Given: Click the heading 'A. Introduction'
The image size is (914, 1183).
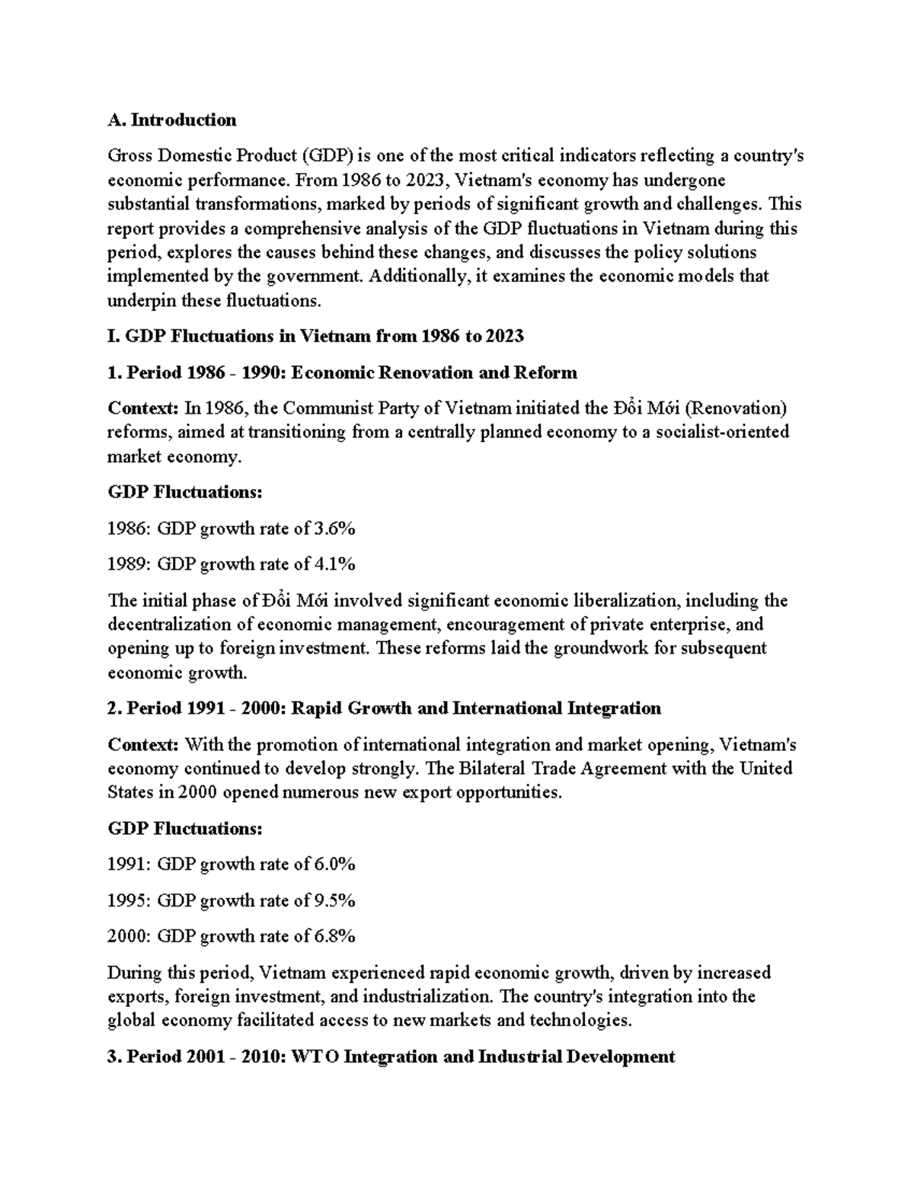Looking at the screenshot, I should (172, 120).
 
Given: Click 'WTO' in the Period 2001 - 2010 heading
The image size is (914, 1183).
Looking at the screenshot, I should (312, 1057).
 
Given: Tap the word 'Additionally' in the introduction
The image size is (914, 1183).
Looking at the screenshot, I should (419, 276).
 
